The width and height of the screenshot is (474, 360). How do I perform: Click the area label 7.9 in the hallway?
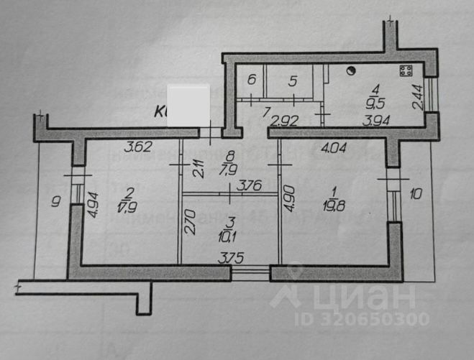[229, 168]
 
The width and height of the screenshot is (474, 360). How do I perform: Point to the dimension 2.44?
[418, 95]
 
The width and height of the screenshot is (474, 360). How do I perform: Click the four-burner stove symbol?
[406, 71]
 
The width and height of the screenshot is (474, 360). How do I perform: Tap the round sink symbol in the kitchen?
[351, 70]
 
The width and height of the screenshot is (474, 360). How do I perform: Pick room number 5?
[292, 81]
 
